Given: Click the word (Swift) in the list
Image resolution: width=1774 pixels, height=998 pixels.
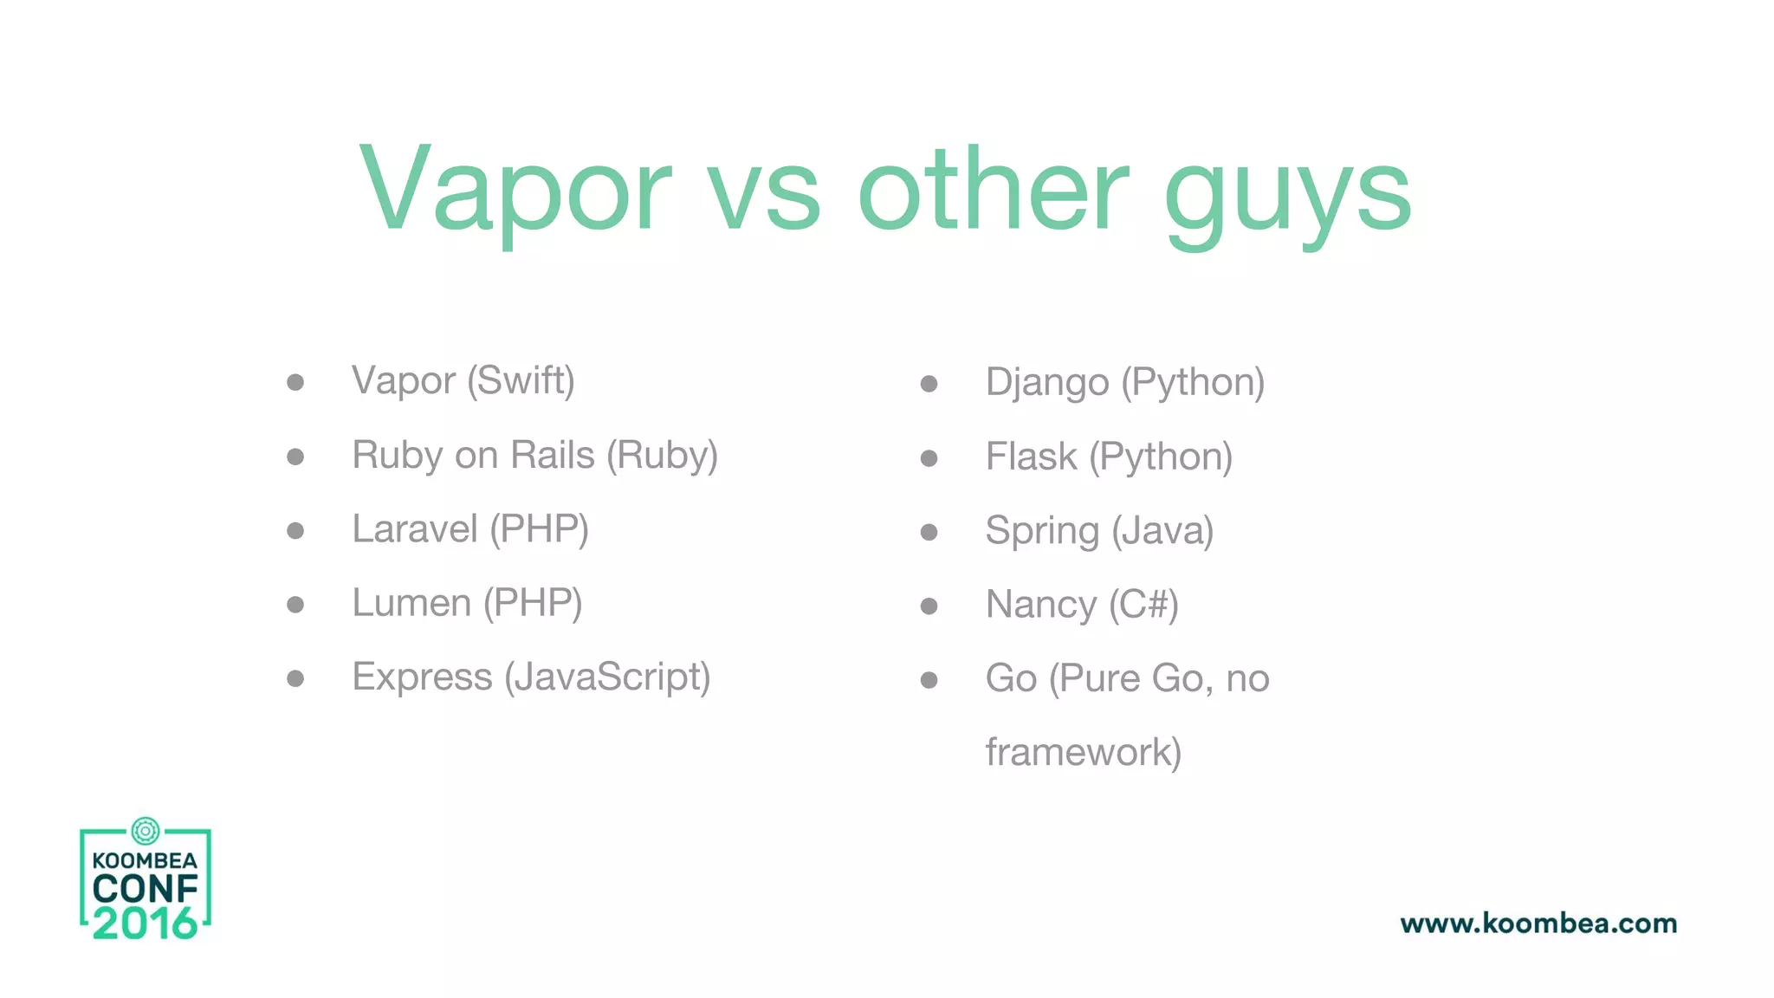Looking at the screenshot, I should pos(521,381).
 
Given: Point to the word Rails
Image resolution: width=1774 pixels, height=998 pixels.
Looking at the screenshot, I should pos(553,455).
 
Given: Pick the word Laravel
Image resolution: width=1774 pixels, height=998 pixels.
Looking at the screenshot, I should pos(414,529).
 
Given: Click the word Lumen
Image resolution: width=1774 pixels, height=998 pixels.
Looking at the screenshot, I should pos(411,603).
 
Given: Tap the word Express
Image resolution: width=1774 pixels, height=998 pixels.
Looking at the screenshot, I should pos(422,677).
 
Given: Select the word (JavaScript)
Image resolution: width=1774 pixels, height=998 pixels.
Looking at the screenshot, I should pos(607,677).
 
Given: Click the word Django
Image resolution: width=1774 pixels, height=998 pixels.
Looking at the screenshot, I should pos(1046,383).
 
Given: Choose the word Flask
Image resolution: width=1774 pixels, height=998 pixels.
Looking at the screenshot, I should pos(1031,457).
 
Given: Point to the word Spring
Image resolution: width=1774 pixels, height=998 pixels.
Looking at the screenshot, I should pos(1042,531).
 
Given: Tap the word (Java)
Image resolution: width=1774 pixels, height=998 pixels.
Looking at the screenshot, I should pos(1162,531).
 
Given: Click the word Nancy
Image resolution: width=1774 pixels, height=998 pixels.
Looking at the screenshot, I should pos(1040,605).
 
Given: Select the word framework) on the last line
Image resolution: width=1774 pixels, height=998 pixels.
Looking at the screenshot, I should pos(1083,752).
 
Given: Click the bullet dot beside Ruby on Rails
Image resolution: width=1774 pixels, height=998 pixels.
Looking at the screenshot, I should pos(295,457).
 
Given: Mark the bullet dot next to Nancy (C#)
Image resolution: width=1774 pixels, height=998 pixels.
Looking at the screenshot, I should pos(929,606).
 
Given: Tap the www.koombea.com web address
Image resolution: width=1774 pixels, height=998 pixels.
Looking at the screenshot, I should pos(1538,923).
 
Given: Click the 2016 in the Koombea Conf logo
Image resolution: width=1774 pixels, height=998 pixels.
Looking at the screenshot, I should pos(146,923).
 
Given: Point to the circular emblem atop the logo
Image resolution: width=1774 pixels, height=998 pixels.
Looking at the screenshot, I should pos(146,831).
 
